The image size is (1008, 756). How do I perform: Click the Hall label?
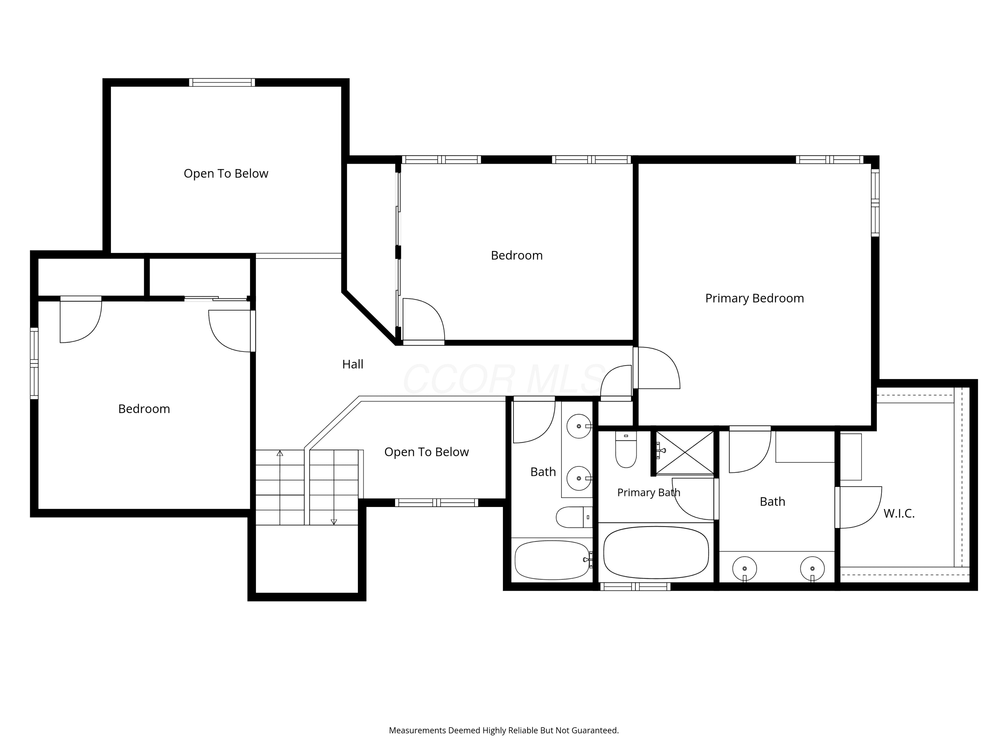coord(353,364)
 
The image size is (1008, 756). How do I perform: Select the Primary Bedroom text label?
coord(755,298)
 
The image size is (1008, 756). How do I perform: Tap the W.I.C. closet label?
coord(899,513)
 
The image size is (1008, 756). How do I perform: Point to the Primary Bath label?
coord(648,492)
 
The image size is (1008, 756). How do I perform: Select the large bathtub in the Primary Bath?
coord(656,552)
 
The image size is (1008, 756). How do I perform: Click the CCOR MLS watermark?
coord(504,379)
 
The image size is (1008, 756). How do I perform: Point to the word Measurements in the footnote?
coord(417,730)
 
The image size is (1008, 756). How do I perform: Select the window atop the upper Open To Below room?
coord(222,82)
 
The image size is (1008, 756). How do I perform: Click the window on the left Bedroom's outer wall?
coord(34,363)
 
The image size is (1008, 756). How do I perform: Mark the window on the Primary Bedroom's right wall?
coord(875,203)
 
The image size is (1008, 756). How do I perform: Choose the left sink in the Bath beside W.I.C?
coord(745,569)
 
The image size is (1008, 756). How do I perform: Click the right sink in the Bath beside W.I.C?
coord(812,569)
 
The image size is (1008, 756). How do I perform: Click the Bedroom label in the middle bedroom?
coord(517,256)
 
